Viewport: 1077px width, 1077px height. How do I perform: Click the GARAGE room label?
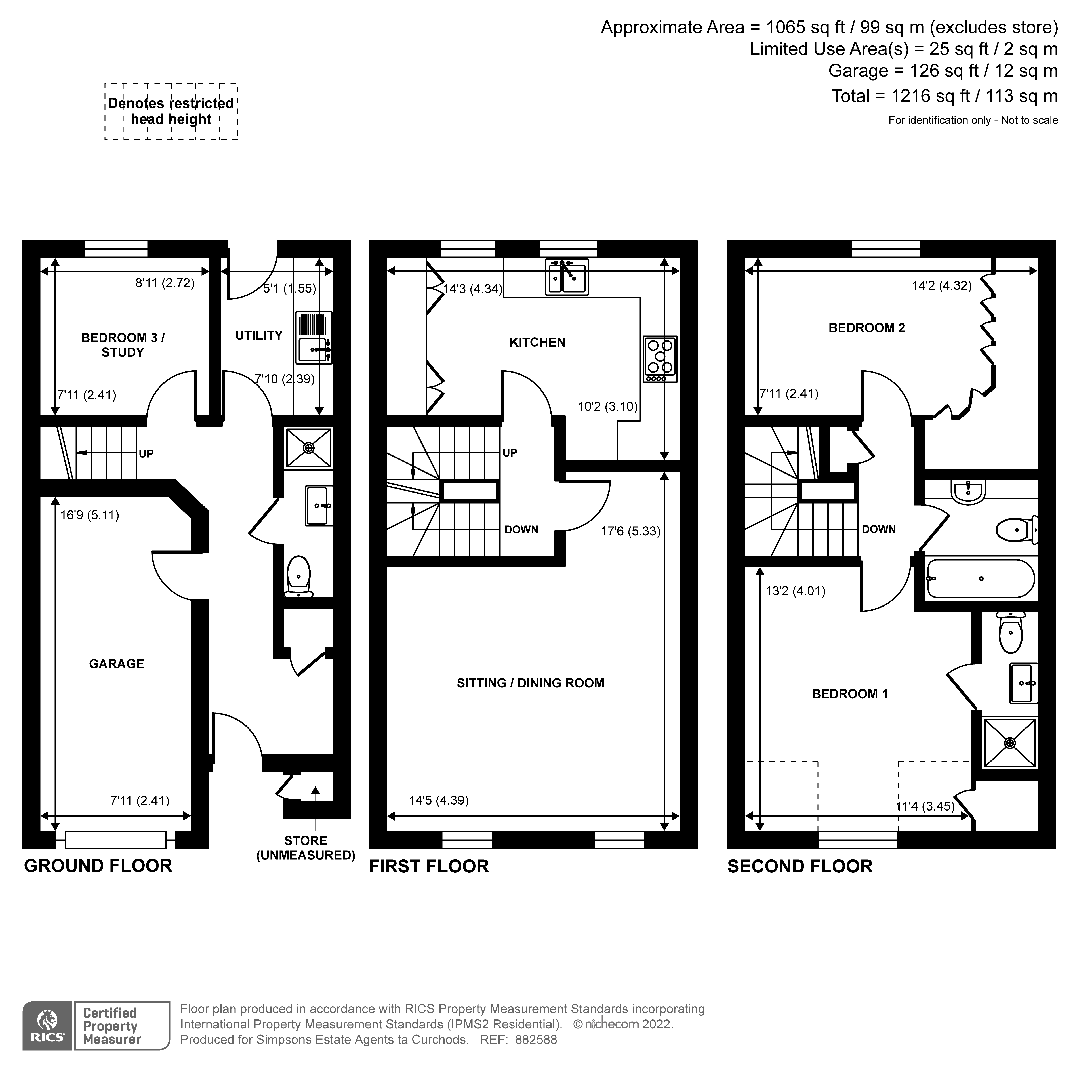(117, 663)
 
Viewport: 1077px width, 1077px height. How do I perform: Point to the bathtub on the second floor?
(980, 579)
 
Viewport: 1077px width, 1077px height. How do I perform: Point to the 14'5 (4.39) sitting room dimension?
(439, 800)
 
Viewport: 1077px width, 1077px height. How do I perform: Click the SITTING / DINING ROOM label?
(530, 683)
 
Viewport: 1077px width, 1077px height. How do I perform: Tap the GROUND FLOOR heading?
(98, 866)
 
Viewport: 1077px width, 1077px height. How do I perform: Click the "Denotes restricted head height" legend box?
(171, 112)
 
